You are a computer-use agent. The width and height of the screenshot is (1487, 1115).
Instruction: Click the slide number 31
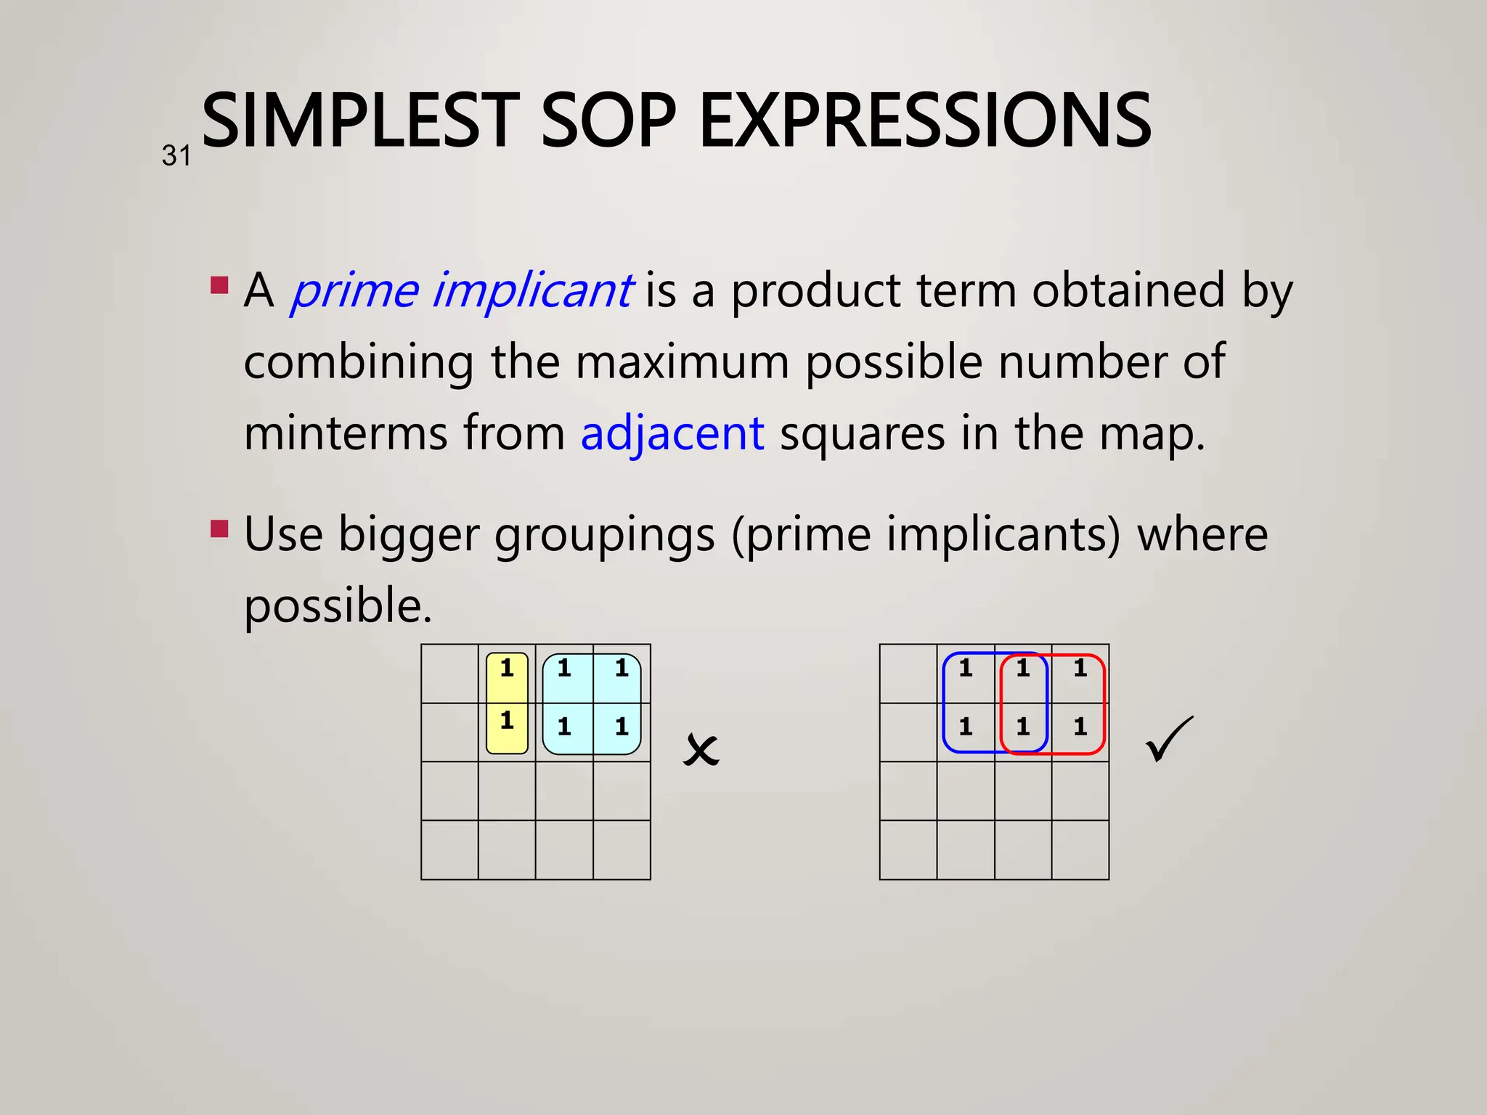click(x=176, y=156)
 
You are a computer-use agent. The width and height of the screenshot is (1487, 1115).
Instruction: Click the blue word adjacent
click(x=672, y=433)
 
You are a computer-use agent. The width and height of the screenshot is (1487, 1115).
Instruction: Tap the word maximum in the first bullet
click(x=682, y=362)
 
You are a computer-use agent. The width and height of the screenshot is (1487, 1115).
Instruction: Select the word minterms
click(x=346, y=433)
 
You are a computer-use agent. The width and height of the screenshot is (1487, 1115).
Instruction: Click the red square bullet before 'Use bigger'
click(x=219, y=528)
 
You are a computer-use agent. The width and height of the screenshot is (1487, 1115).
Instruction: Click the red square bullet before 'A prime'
click(x=219, y=284)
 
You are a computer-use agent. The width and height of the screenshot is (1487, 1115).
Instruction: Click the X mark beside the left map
click(x=701, y=750)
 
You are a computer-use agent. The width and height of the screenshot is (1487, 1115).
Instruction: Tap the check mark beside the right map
click(x=1168, y=740)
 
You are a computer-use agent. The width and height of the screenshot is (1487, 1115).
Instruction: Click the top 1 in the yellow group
click(x=507, y=668)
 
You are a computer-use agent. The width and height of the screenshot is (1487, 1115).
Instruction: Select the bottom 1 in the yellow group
click(x=507, y=721)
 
